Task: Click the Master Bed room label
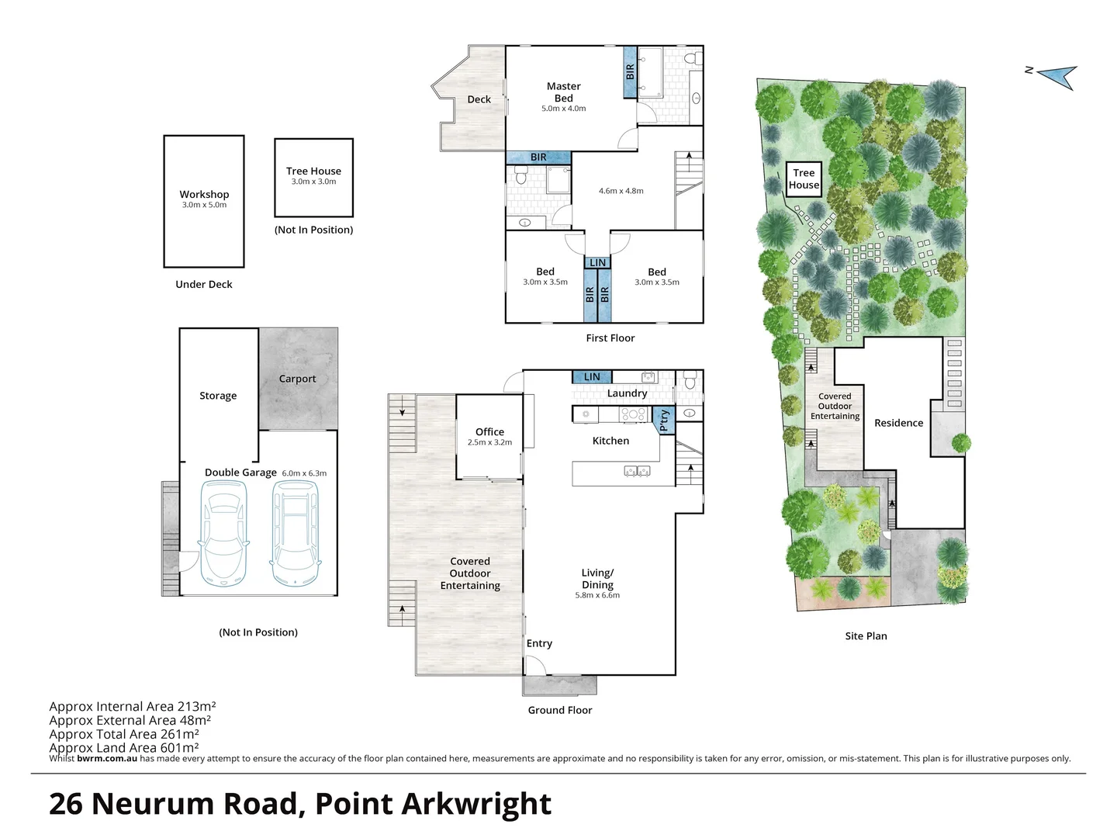(563, 92)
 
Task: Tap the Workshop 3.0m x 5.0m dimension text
(204, 205)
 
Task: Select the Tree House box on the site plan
(804, 179)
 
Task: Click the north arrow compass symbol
(1056, 75)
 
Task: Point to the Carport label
(297, 379)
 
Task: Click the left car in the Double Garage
(223, 534)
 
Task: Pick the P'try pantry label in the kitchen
(663, 420)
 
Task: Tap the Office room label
(489, 431)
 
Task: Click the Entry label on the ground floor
(539, 643)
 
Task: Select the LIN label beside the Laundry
(592, 377)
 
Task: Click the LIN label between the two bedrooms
(597, 263)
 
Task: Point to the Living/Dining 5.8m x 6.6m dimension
(597, 595)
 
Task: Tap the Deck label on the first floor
(479, 99)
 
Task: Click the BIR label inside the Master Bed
(630, 71)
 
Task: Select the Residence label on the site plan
(898, 423)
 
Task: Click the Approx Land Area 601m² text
(124, 748)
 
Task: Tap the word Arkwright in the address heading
(476, 804)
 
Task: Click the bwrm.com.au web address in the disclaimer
(107, 759)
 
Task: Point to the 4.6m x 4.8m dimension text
(621, 191)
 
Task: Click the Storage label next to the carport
(218, 396)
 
